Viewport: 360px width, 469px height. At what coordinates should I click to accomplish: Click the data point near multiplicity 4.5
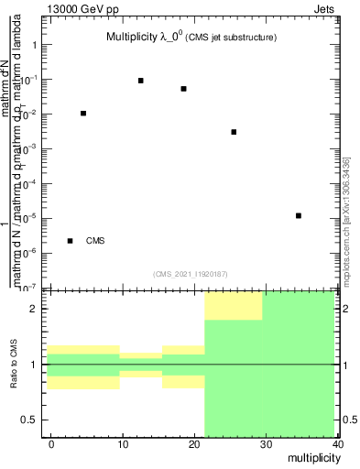(x=83, y=114)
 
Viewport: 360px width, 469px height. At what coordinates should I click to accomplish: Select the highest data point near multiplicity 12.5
(x=141, y=81)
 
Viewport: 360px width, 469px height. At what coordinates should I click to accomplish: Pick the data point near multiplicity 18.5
(x=184, y=89)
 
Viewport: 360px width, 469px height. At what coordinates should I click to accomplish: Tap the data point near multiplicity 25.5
(x=235, y=132)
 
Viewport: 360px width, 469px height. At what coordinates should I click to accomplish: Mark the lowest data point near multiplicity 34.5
(x=300, y=216)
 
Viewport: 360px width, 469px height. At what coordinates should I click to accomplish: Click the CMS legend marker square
(x=71, y=241)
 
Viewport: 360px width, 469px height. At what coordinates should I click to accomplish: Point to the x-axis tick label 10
(x=123, y=444)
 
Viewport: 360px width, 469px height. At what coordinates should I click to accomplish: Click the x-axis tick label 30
(x=266, y=444)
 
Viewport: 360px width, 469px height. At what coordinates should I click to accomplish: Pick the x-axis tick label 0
(x=51, y=444)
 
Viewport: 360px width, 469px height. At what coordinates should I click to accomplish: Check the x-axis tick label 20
(x=194, y=444)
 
